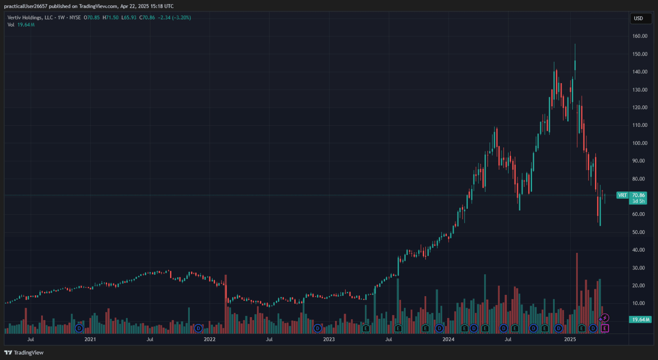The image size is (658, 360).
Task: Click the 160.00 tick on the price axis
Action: click(x=640, y=36)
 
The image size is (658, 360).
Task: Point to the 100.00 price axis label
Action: click(x=640, y=143)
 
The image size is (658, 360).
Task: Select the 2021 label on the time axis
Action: click(x=90, y=339)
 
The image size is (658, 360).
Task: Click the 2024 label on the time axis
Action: click(x=448, y=339)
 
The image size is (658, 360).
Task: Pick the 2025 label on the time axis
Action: click(x=570, y=339)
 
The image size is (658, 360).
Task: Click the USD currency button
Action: click(x=641, y=18)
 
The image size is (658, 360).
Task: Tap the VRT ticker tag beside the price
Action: click(x=622, y=195)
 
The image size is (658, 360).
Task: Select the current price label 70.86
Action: click(x=639, y=195)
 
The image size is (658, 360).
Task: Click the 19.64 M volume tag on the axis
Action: click(x=640, y=319)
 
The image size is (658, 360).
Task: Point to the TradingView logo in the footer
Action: click(x=24, y=353)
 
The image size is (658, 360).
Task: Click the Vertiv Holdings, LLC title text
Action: click(x=30, y=18)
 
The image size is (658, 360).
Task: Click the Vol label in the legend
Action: click(x=11, y=25)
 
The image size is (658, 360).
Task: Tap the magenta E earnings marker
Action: click(x=604, y=328)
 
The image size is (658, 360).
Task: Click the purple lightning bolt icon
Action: click(x=604, y=318)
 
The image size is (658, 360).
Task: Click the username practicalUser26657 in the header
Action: click(x=26, y=6)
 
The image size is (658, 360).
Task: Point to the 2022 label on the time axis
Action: click(x=209, y=339)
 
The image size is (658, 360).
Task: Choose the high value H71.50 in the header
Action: click(x=111, y=18)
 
